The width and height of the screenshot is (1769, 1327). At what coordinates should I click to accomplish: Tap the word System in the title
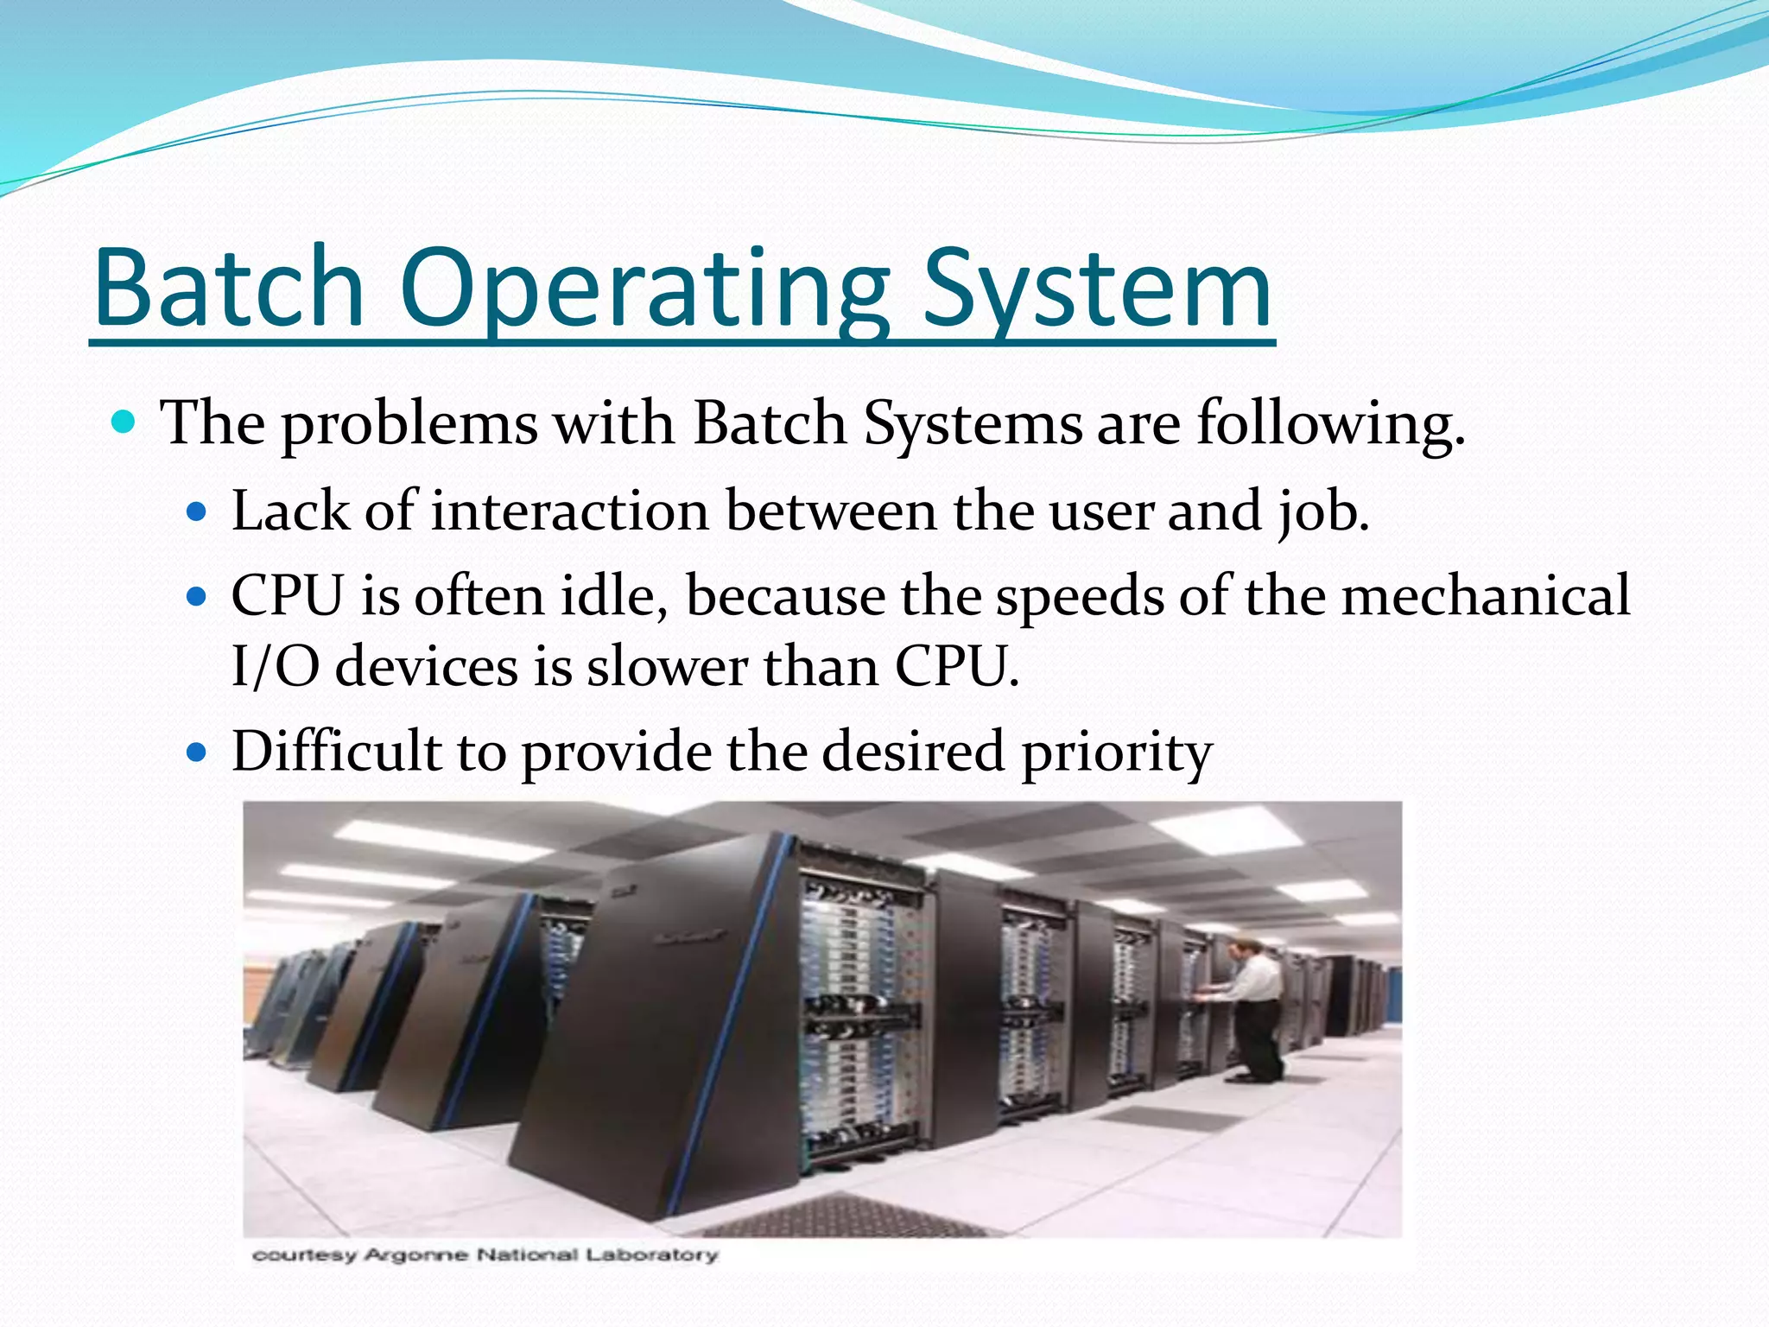click(x=1097, y=289)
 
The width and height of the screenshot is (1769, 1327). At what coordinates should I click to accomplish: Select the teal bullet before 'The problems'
click(x=124, y=422)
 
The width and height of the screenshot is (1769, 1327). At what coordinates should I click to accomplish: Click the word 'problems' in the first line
click(x=409, y=424)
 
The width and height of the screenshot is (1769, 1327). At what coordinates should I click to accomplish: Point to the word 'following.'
click(x=1330, y=424)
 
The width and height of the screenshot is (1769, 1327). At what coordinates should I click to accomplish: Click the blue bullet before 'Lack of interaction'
click(x=198, y=511)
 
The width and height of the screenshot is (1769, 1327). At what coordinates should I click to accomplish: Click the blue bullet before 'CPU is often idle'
click(x=198, y=596)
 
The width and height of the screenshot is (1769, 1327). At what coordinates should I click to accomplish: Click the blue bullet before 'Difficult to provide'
click(x=198, y=752)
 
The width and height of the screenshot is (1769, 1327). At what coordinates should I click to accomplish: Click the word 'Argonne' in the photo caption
click(x=416, y=1254)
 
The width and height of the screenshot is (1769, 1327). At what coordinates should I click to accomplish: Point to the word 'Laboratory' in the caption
click(x=651, y=1254)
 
